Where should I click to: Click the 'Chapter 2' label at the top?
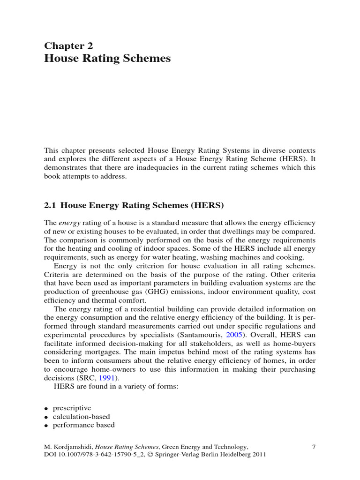(x=68, y=45)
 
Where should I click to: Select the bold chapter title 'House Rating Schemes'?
(x=107, y=59)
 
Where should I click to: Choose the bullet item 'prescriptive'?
(x=72, y=408)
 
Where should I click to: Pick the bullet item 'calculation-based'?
(x=80, y=416)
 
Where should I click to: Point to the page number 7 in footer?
(x=314, y=447)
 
